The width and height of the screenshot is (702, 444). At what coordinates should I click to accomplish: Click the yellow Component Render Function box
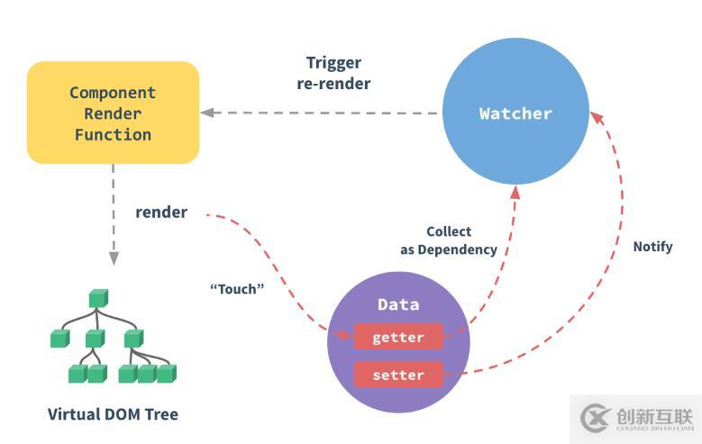tap(113, 113)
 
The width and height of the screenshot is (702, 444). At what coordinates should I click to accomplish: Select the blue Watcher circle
tap(515, 113)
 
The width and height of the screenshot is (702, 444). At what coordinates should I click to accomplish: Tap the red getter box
tap(398, 338)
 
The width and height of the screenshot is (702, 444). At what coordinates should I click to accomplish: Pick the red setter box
tap(398, 374)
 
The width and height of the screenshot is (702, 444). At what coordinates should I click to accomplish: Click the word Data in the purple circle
tap(398, 305)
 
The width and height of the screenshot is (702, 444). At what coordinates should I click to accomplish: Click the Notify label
tap(652, 246)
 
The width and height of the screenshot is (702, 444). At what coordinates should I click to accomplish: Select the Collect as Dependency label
tap(448, 240)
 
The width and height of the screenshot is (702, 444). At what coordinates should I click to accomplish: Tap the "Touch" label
tap(235, 289)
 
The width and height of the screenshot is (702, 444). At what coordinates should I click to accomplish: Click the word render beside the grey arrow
tap(161, 213)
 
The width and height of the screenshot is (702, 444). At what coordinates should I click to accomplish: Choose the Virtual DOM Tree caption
tap(113, 415)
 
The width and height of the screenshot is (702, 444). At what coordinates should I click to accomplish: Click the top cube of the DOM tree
tap(97, 298)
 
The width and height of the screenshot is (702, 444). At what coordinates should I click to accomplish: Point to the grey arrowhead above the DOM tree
tap(113, 259)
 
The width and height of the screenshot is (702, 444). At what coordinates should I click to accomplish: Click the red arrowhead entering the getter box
tap(346, 337)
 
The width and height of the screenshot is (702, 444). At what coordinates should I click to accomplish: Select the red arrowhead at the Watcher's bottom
tap(516, 190)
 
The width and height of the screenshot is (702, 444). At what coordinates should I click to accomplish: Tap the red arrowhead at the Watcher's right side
tap(595, 114)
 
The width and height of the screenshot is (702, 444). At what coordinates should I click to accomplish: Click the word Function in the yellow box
tap(113, 134)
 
